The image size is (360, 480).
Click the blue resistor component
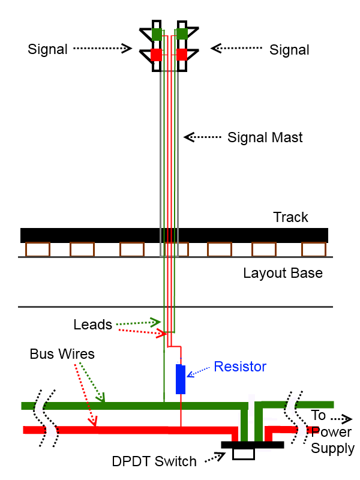click(x=181, y=379)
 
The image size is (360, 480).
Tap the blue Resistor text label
click(x=240, y=366)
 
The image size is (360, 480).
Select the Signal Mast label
click(x=265, y=137)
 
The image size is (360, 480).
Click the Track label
click(x=290, y=217)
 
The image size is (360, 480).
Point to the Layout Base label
click(x=283, y=274)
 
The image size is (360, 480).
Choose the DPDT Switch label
click(x=154, y=461)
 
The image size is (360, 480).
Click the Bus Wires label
click(x=62, y=353)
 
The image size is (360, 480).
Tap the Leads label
click(x=93, y=325)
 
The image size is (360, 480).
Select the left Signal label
click(x=47, y=49)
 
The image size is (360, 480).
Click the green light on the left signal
click(x=157, y=34)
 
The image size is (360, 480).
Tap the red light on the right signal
click(x=181, y=55)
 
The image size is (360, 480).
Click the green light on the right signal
click(x=181, y=34)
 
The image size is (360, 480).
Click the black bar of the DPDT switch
click(x=252, y=445)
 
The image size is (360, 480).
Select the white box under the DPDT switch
click(x=244, y=454)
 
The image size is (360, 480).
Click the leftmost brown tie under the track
click(x=37, y=249)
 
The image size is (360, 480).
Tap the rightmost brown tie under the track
click(x=313, y=249)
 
